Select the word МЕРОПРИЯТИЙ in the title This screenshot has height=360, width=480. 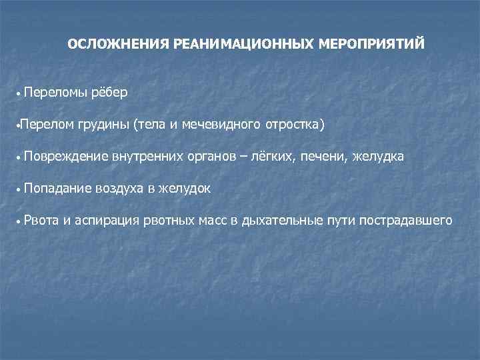coord(372,45)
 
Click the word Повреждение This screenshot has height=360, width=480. coord(65,157)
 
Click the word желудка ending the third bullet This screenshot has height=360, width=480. coord(379,157)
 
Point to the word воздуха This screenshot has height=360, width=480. coord(121,189)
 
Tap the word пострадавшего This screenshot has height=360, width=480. coord(406,221)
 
